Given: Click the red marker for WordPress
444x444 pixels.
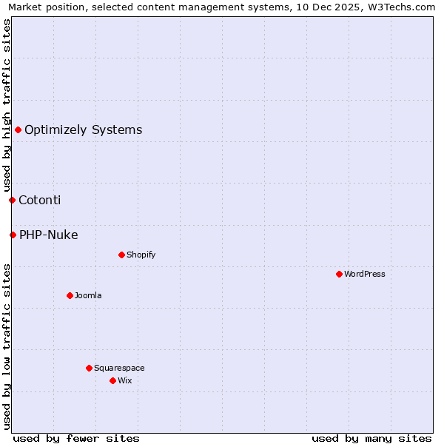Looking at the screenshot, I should [339, 274].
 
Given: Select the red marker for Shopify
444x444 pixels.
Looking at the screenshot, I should [121, 255].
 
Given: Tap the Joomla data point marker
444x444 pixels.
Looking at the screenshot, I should [70, 295].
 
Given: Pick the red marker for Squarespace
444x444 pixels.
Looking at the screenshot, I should [89, 368].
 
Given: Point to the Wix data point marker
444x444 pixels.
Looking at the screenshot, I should [112, 380].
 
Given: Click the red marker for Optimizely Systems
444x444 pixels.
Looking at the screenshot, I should [18, 130].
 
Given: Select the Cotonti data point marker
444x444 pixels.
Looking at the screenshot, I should [12, 200].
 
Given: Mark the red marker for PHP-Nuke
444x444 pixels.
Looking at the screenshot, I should [13, 235].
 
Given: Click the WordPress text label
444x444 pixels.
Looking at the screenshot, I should [365, 274].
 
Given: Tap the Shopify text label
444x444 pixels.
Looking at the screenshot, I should [141, 255].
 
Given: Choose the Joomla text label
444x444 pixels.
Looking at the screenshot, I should [88, 295].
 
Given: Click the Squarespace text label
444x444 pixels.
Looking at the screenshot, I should [119, 368].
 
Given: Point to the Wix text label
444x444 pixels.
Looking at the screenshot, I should [125, 380].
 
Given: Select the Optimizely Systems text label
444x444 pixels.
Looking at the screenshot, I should [84, 130].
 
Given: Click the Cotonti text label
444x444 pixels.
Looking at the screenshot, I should [40, 200].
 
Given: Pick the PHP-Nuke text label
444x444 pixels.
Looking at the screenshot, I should [49, 235].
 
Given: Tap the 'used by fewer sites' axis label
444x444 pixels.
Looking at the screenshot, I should [76, 438].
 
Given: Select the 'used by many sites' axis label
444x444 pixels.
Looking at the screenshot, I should [371, 438].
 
